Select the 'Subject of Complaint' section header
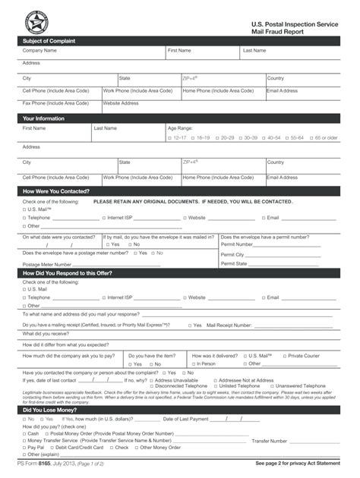(49, 40)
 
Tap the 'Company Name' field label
(39, 51)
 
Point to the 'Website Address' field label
(121, 103)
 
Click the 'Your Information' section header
(43, 118)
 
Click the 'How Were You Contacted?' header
(56, 191)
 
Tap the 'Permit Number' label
(237, 244)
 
